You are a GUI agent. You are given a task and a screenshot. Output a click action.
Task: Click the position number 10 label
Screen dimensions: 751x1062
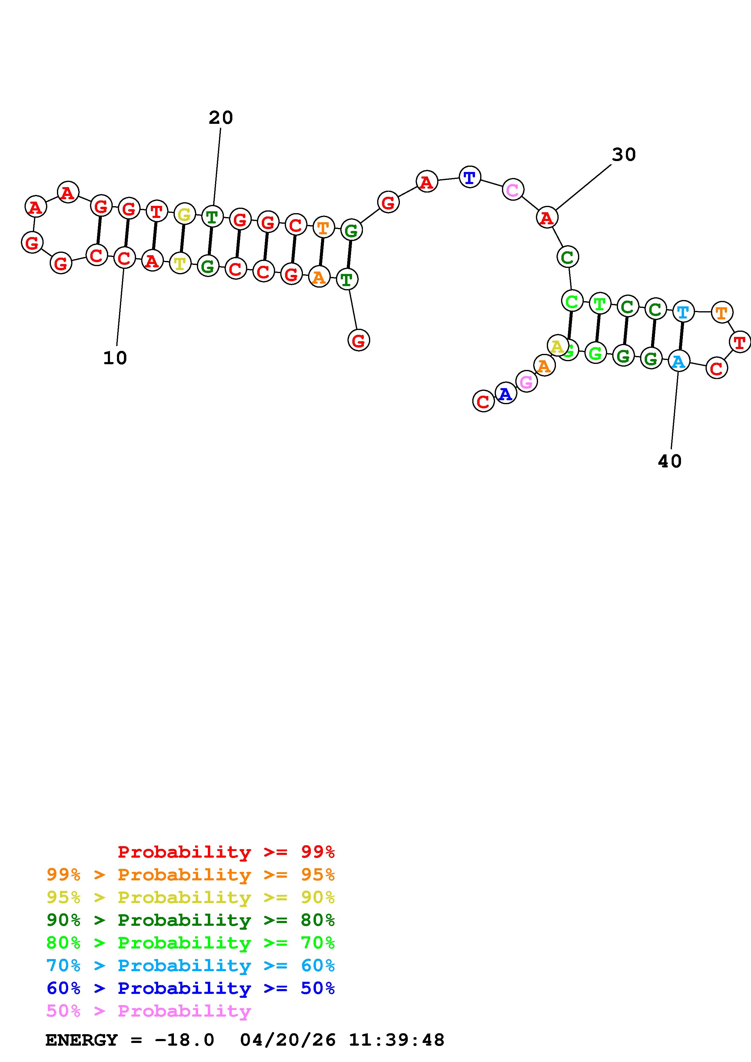pos(115,358)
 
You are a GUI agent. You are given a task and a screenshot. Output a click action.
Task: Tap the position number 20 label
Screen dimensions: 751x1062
pos(221,118)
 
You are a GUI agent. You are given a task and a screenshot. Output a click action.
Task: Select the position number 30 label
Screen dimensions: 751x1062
pos(624,155)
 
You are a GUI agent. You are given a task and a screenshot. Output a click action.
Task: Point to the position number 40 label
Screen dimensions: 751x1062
pos(670,461)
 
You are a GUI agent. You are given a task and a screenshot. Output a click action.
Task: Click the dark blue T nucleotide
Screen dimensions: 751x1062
pos(470,177)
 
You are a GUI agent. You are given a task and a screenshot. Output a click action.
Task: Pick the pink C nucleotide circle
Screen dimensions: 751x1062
pos(513,190)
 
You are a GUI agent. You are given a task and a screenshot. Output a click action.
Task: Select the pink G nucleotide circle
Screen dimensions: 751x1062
pos(527,382)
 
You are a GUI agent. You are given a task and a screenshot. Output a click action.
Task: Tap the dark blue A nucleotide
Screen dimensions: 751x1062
pos(506,394)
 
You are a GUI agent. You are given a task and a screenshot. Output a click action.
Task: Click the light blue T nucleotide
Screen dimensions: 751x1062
pos(683,312)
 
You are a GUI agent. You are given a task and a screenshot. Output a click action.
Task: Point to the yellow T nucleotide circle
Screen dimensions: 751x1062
pos(180,264)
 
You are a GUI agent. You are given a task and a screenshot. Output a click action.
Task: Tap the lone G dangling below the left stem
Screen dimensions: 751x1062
pos(359,341)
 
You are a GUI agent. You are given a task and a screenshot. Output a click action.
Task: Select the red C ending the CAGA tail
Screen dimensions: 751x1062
pos(483,401)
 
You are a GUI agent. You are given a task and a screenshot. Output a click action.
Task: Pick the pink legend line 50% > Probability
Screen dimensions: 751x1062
pos(148,1011)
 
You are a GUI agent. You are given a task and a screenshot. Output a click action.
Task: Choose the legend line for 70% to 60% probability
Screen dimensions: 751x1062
pos(190,965)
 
